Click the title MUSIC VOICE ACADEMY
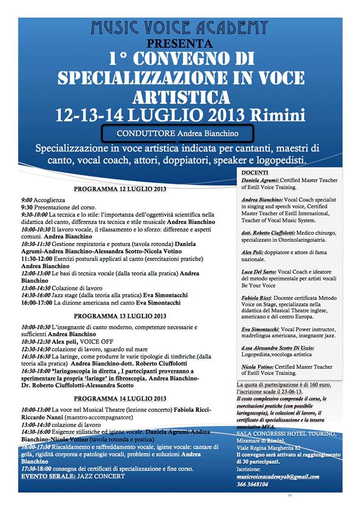179,27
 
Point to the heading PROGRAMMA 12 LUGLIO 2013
120,189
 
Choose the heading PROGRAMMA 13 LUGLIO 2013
120,316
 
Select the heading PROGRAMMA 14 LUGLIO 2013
120,398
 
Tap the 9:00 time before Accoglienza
27,200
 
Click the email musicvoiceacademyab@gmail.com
278,477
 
